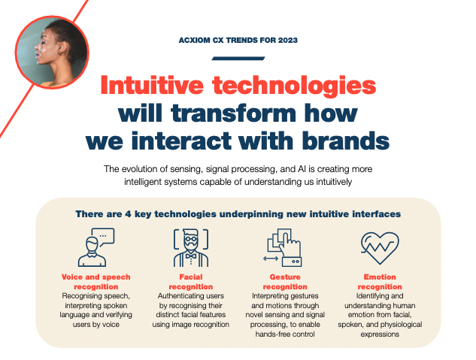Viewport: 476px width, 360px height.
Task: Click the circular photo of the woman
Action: [51, 52]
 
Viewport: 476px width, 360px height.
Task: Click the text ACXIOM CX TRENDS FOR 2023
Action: [238, 41]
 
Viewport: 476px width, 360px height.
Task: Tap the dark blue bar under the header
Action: [238, 58]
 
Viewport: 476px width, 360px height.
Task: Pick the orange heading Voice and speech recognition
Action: [90, 281]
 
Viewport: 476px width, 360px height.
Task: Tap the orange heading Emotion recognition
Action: [380, 281]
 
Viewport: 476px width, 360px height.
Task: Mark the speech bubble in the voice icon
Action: [105, 235]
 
